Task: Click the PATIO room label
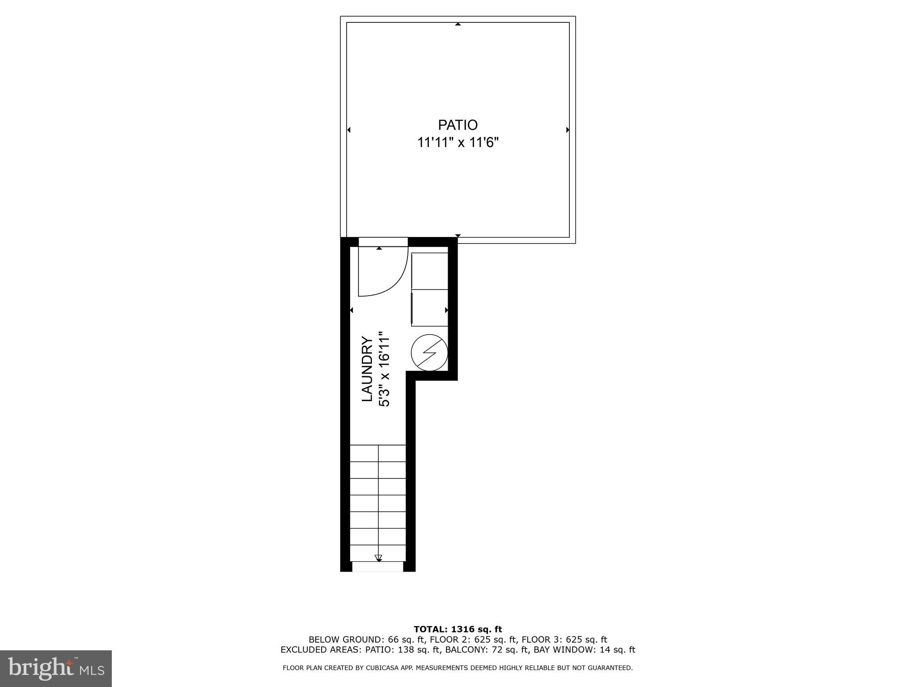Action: tap(458, 125)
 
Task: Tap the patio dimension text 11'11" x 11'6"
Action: tap(458, 143)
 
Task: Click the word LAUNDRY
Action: tap(367, 369)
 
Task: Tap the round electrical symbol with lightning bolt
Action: tap(429, 353)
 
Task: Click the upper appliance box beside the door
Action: tap(429, 271)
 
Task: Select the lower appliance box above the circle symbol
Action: tap(429, 308)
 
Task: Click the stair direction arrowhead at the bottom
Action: tap(378, 558)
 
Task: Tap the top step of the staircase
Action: tap(378, 453)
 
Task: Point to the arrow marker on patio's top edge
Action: tap(458, 24)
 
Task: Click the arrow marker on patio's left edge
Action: tap(349, 130)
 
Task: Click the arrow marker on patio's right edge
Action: tap(568, 130)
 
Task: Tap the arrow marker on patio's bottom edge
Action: tap(458, 235)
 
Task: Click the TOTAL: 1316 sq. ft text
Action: tap(458, 629)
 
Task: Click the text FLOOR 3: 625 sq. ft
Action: tap(564, 640)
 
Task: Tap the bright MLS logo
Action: tap(56, 668)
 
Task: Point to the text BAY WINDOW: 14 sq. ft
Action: tap(584, 650)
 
